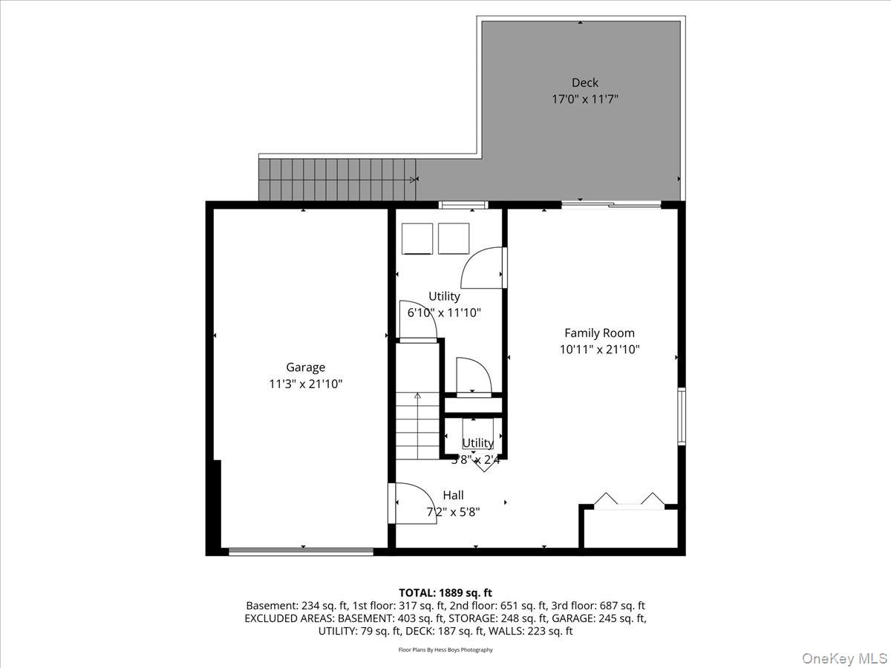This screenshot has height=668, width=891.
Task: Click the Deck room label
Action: pos(584,82)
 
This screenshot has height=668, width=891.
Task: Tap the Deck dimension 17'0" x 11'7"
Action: pos(584,98)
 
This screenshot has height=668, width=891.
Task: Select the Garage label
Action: pos(305,367)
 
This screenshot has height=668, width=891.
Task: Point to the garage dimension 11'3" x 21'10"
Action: pos(305,384)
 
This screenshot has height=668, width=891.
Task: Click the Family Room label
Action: pos(599,333)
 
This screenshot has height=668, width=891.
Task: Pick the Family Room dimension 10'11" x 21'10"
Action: pos(599,349)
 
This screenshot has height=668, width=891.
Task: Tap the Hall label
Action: pos(453,495)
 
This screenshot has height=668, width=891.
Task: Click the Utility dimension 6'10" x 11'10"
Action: pos(444,312)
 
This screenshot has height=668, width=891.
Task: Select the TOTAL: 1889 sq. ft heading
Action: pos(446,592)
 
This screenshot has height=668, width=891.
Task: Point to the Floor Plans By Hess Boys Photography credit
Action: pos(446,649)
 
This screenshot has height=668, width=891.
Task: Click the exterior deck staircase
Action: pos(337,180)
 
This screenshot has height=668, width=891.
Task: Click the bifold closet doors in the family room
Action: pos(630,500)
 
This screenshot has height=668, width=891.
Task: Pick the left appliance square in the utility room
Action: pos(417,238)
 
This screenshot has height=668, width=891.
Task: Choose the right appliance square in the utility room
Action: pos(454,238)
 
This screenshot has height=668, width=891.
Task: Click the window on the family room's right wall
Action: pos(681,416)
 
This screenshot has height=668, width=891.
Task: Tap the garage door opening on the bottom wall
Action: pos(301,551)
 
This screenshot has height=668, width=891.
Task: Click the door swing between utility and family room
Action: pos(483,267)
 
